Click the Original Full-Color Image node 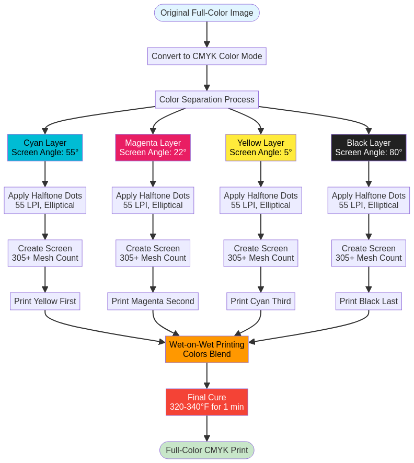pyautogui.click(x=206, y=13)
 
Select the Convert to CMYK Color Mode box pyautogui.click(x=206, y=56)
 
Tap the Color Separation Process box pyautogui.click(x=206, y=99)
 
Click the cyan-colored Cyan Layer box pyautogui.click(x=45, y=147)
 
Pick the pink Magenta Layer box pyautogui.click(x=153, y=147)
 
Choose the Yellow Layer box pyautogui.click(x=260, y=147)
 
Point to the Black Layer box pyautogui.click(x=369, y=147)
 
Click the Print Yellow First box pyautogui.click(x=45, y=301)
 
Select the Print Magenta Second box pyautogui.click(x=153, y=301)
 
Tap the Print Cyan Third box pyautogui.click(x=260, y=301)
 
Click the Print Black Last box pyautogui.click(x=369, y=301)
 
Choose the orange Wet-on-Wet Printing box pyautogui.click(x=206, y=349)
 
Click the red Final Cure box pyautogui.click(x=206, y=402)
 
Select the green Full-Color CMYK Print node pyautogui.click(x=206, y=450)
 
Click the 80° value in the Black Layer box pyautogui.click(x=396, y=153)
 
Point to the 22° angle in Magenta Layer pyautogui.click(x=180, y=153)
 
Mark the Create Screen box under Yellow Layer pyautogui.click(x=260, y=253)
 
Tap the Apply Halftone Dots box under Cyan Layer pyautogui.click(x=45, y=200)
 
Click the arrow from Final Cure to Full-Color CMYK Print pyautogui.click(x=206, y=428)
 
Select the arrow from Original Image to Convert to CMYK pyautogui.click(x=206, y=34)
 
